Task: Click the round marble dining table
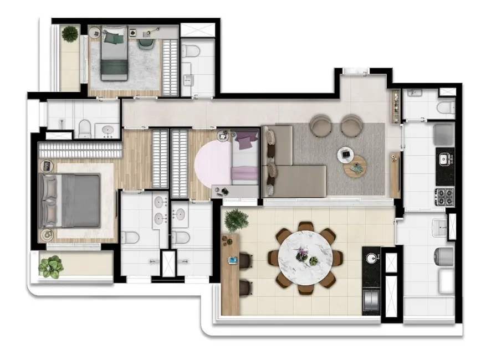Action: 305,257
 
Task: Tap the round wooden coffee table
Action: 355,166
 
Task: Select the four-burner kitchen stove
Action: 444,195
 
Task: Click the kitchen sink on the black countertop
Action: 444,161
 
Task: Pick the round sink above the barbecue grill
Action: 371,258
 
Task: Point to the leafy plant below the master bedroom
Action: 52,266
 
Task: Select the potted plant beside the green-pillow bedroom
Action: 70,34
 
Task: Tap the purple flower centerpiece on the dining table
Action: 302,254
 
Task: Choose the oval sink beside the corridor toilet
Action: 107,131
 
